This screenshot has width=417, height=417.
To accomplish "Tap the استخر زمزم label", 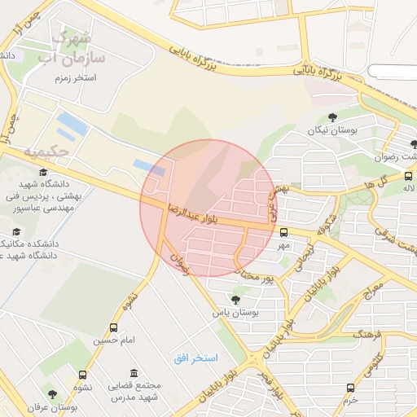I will [72, 77].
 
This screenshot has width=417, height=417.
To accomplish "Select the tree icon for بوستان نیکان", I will [332, 117].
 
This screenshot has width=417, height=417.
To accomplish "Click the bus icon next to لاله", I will [408, 175].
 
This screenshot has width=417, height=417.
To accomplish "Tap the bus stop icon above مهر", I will [283, 232].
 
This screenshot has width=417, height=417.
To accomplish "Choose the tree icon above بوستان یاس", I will [236, 299].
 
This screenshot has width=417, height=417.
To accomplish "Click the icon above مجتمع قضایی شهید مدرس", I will [133, 371].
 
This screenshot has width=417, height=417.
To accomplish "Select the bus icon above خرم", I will [350, 388].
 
